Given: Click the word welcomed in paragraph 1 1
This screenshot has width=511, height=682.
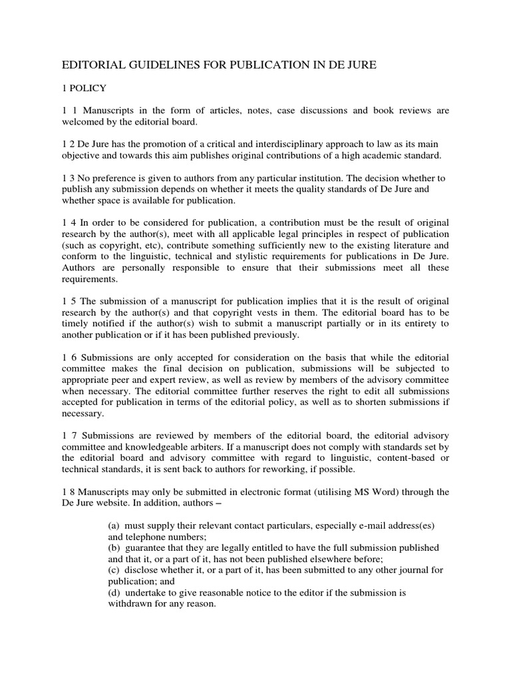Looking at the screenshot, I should tap(85, 122).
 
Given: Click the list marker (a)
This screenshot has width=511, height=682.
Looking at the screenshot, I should tap(114, 526).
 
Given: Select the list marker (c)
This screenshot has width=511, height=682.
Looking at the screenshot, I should tap(114, 571).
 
